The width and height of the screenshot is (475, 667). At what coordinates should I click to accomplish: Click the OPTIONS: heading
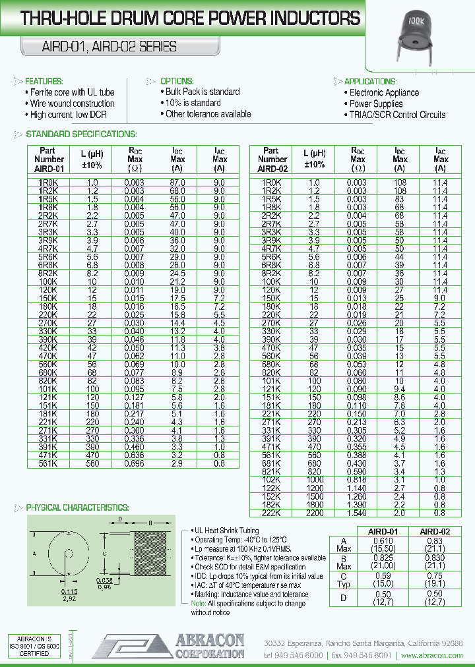(x=176, y=81)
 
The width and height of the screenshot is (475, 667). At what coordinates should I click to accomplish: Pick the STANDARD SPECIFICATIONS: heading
(x=80, y=134)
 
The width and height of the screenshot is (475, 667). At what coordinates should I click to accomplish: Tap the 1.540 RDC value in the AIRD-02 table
(x=358, y=511)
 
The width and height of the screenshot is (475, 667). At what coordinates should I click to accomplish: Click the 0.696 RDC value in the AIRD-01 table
(x=134, y=464)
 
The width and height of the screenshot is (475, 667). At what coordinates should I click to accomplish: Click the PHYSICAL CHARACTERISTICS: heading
(x=77, y=507)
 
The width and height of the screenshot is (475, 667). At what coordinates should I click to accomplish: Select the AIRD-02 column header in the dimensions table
(x=435, y=531)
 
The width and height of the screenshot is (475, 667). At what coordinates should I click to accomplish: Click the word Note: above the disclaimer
(x=198, y=604)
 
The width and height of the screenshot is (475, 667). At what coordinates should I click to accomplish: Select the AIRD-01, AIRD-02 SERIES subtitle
(x=100, y=47)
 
